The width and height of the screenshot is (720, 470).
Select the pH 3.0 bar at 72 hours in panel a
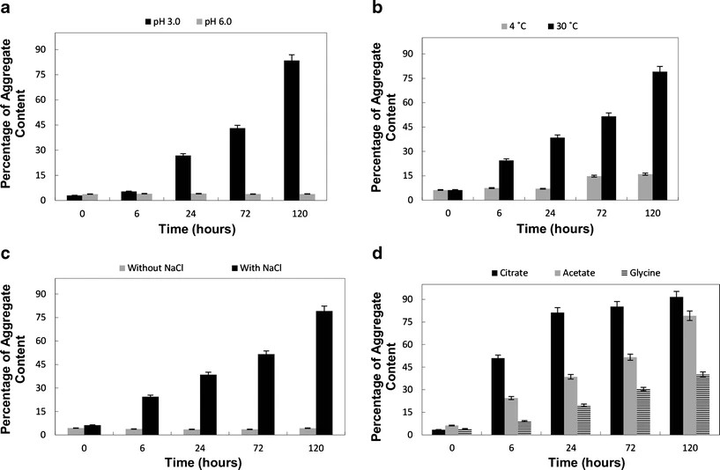(x=238, y=164)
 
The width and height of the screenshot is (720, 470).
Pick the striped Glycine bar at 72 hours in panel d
(x=643, y=411)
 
